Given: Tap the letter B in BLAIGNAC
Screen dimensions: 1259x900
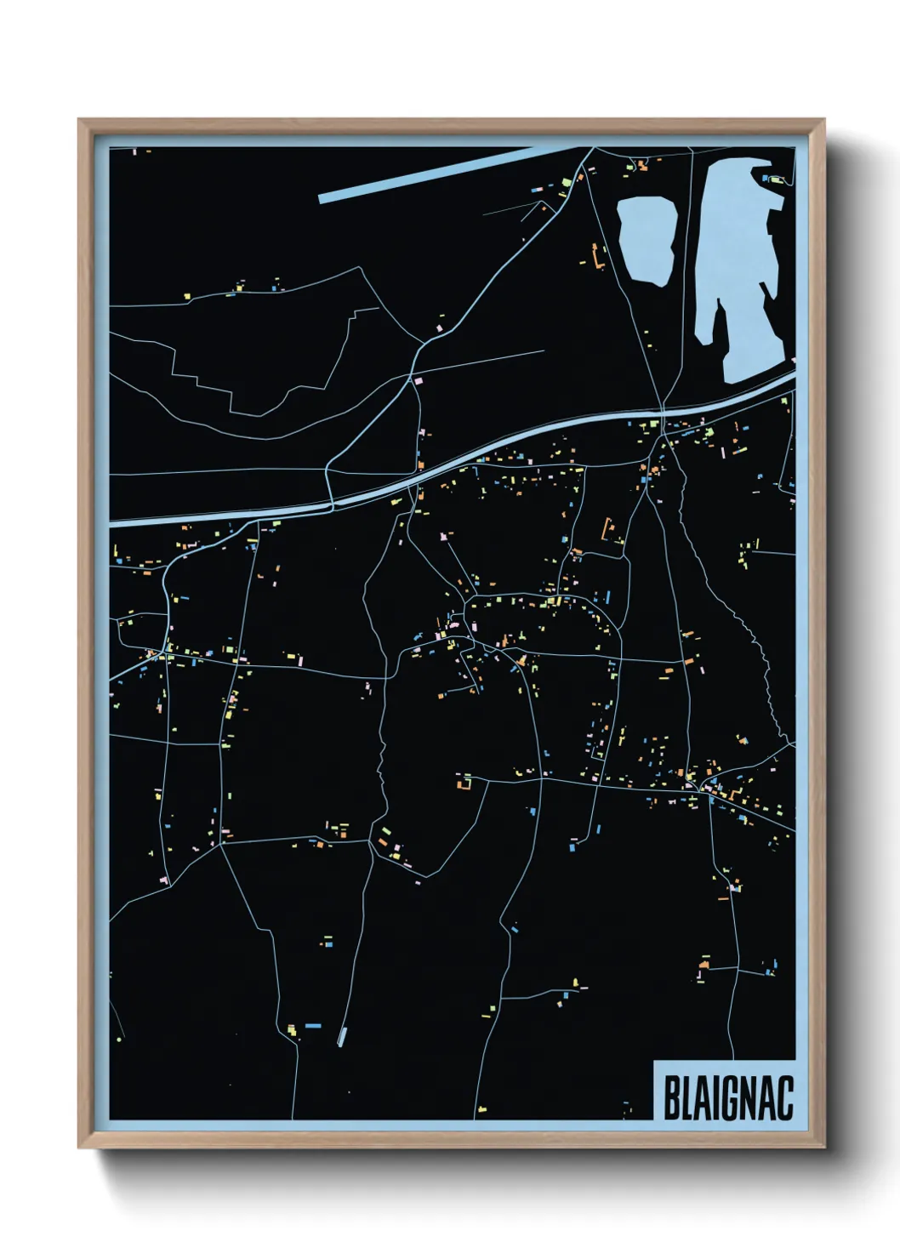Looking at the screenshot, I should coord(669,1098).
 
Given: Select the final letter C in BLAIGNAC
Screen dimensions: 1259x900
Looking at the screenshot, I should coord(784,1098).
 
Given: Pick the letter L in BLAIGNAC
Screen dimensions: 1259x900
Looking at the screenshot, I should coord(686,1098).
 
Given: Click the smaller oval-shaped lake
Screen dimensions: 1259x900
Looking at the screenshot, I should coord(647,241).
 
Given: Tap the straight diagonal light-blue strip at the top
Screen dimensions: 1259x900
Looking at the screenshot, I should coord(442,174).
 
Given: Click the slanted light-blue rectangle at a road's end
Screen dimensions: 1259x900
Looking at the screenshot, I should coord(342,1036).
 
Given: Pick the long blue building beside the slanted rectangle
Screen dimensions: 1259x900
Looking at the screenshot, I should coord(312,1026).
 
